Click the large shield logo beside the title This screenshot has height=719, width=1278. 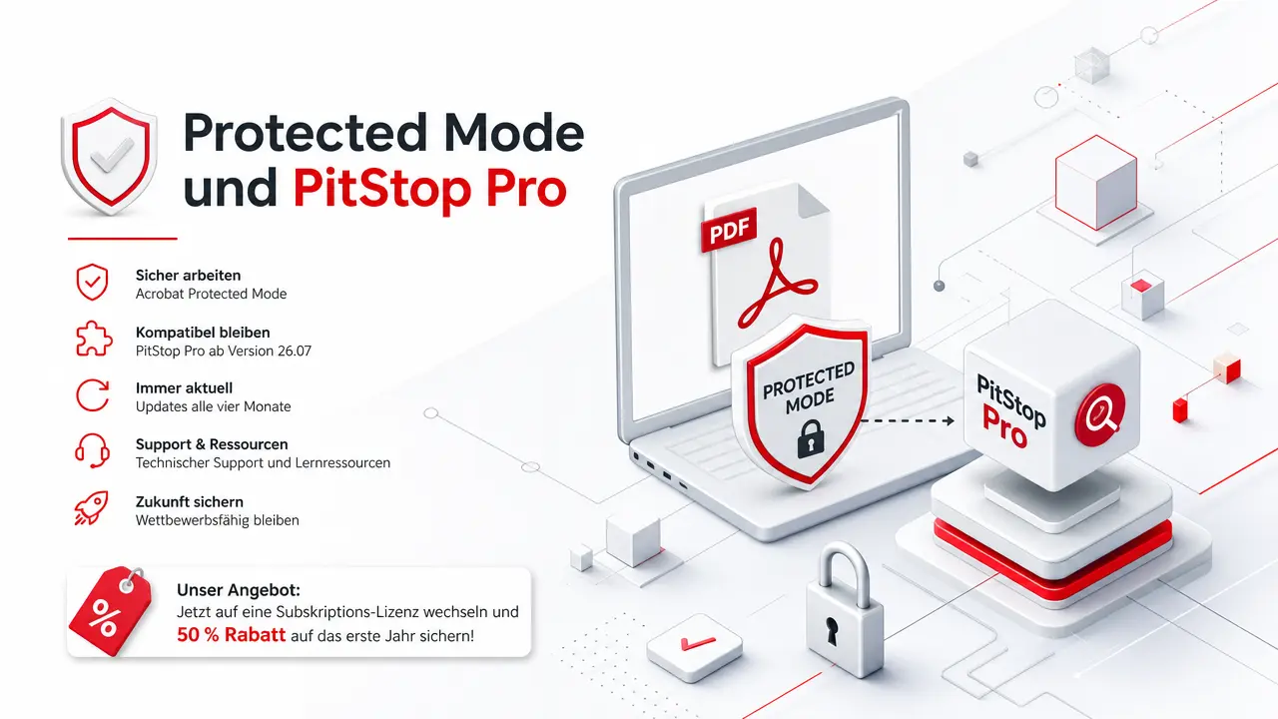[x=110, y=157]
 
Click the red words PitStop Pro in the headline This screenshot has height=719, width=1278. [x=430, y=189]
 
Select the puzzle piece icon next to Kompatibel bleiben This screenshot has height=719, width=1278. [x=94, y=339]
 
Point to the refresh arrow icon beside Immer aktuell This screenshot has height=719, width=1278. [x=93, y=394]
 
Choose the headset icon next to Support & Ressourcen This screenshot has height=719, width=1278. [x=93, y=450]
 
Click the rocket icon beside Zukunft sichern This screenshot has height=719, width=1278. [x=91, y=508]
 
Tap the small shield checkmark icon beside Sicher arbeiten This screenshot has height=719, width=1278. [x=92, y=282]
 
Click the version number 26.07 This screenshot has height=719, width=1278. [x=295, y=351]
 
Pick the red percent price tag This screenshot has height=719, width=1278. [x=111, y=612]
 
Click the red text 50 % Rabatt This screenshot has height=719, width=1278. [x=231, y=634]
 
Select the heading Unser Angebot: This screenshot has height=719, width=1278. [x=239, y=590]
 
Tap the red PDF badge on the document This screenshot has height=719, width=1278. [x=729, y=230]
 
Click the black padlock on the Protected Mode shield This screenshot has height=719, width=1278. [x=811, y=438]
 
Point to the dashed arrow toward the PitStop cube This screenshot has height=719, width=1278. [x=908, y=421]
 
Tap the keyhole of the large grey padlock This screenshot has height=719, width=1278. [x=833, y=630]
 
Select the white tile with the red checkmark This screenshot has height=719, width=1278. [x=694, y=647]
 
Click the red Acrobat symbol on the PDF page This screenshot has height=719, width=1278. [x=777, y=284]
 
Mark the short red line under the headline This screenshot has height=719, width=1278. [x=123, y=239]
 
